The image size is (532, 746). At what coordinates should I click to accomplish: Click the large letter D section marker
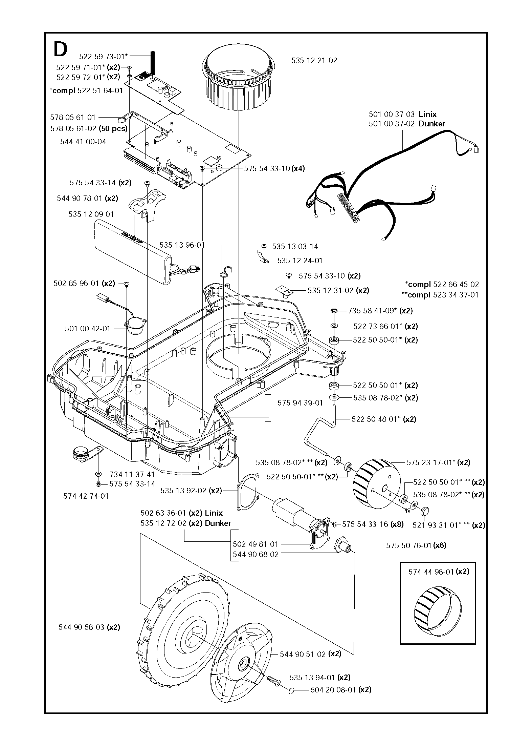61,50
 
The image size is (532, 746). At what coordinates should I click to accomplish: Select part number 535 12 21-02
314,61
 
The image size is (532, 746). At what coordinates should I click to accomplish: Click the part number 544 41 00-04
83,142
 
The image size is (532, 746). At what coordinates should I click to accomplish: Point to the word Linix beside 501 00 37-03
428,114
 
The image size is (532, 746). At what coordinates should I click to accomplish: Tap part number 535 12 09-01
91,214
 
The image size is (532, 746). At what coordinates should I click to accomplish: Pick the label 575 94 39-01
300,403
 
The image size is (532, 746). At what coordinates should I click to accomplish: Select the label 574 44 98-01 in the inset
431,572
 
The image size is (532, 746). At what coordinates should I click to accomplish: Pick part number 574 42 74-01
86,496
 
